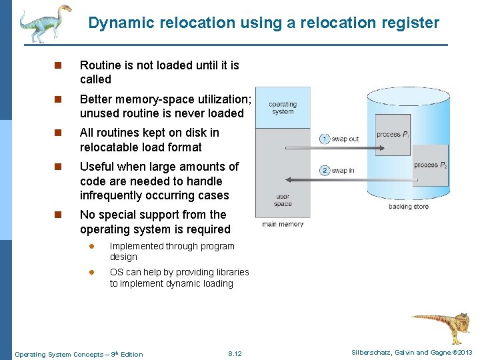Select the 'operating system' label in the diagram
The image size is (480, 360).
click(x=283, y=108)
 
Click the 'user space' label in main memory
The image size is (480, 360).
click(x=283, y=200)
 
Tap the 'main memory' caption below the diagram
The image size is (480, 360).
click(x=283, y=225)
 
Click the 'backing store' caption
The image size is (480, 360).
click(x=409, y=207)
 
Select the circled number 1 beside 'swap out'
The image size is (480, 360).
click(x=325, y=139)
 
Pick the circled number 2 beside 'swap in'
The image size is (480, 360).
click(x=325, y=170)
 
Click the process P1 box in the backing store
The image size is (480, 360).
click(x=393, y=135)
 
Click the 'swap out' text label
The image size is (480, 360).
click(x=345, y=139)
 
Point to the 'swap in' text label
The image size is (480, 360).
click(x=343, y=170)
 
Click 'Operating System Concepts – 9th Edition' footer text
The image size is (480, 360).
click(x=79, y=354)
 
